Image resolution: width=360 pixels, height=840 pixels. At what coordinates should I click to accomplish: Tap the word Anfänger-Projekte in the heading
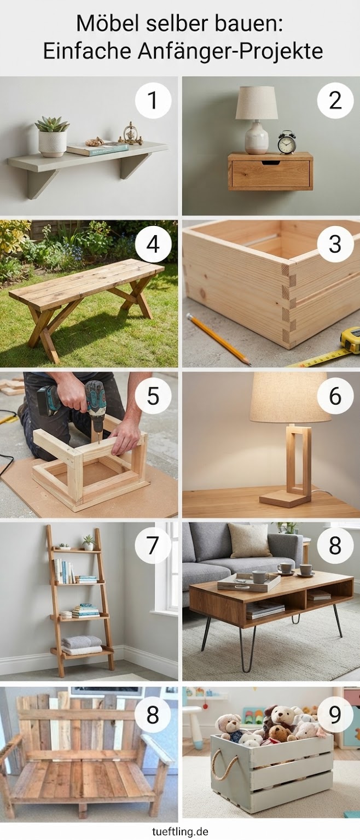230,51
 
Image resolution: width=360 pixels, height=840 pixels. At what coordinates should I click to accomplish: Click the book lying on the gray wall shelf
98,149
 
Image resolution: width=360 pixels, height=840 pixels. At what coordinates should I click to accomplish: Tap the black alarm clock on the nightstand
287,142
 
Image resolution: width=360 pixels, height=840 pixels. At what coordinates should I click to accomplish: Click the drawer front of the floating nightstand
271,173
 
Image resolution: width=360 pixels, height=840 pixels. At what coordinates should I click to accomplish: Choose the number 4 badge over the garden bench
153,244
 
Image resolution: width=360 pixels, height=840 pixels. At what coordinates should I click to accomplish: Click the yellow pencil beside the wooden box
218,339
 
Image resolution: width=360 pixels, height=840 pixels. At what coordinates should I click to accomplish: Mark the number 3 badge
335,244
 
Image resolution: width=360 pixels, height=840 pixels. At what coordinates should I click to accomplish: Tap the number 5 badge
153,395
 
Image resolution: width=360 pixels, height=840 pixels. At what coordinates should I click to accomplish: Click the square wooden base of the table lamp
285,499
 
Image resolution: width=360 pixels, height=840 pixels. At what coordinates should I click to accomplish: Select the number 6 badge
335,395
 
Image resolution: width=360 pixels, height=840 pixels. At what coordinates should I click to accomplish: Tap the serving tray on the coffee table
249,582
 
